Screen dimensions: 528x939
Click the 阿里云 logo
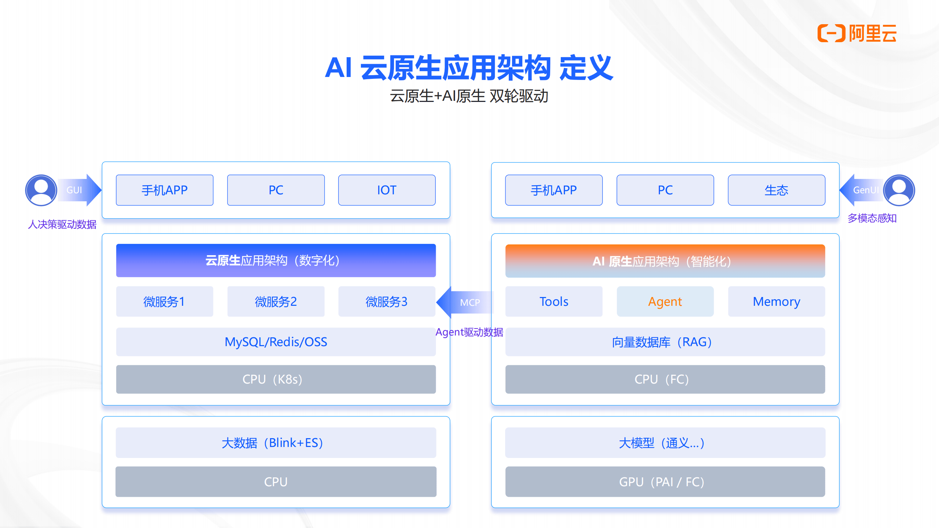857,33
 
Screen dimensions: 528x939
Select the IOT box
387,190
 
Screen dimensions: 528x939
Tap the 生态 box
776,190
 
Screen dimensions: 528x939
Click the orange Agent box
665,301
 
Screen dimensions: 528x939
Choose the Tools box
553,301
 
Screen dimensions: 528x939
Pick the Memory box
776,301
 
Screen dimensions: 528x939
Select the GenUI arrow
861,190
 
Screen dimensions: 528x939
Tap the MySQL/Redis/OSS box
276,342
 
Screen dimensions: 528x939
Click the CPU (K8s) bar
276,379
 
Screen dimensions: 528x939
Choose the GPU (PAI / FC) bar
665,482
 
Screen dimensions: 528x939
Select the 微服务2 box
276,301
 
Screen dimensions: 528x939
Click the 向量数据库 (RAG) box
665,342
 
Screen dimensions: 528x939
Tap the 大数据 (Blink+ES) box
276,443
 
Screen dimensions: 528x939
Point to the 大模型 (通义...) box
665,443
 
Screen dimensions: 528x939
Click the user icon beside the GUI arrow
41,190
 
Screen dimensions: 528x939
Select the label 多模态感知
872,218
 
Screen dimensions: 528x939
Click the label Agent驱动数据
469,332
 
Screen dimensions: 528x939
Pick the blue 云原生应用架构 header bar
276,260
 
